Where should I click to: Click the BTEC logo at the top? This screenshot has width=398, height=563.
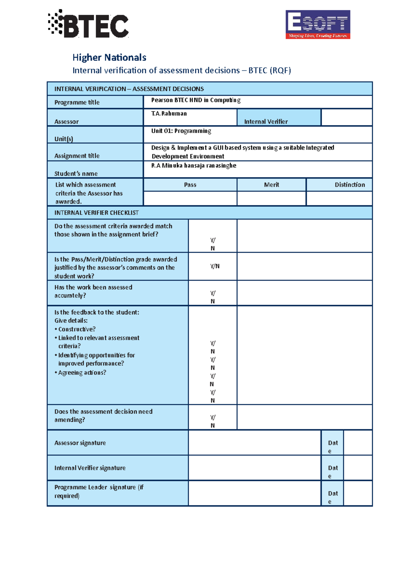pyautogui.click(x=89, y=24)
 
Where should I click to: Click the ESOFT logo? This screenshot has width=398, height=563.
pyautogui.click(x=318, y=25)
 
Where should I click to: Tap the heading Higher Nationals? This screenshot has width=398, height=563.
pyautogui.click(x=109, y=57)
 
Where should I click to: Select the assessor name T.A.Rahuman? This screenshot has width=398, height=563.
pyautogui.click(x=169, y=113)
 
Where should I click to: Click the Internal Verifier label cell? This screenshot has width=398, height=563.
pyautogui.click(x=266, y=121)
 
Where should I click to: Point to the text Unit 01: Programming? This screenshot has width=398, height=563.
pyautogui.click(x=181, y=131)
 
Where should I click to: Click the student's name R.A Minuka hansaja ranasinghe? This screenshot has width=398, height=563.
pyautogui.click(x=194, y=165)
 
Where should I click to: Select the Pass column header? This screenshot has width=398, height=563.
pyautogui.click(x=190, y=185)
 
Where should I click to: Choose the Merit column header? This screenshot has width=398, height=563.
pyautogui.click(x=271, y=185)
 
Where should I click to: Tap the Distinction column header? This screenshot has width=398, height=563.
pyautogui.click(x=350, y=185)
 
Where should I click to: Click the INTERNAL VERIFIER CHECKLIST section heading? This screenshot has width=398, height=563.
pyautogui.click(x=97, y=213)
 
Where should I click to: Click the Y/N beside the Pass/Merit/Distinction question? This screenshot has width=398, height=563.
pyautogui.click(x=215, y=266)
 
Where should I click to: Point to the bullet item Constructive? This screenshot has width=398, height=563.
pyautogui.click(x=77, y=329)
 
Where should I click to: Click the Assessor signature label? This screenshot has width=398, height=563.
pyautogui.click(x=80, y=443)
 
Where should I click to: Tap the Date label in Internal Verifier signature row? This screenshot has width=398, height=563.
pyautogui.click(x=332, y=471)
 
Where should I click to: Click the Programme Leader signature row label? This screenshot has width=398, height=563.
pyautogui.click(x=99, y=491)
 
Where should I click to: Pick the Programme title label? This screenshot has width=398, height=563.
pyautogui.click(x=77, y=102)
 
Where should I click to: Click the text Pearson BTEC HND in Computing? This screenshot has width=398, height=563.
pyautogui.click(x=196, y=100)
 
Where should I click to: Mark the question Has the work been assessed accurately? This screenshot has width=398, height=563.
pyautogui.click(x=93, y=291)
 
